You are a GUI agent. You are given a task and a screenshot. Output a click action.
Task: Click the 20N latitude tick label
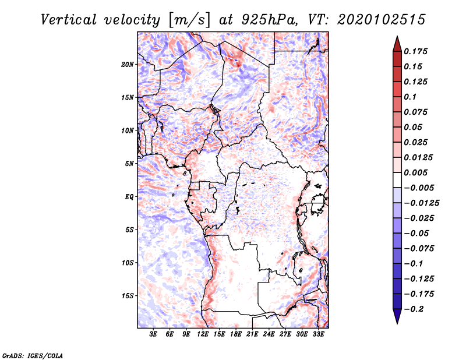pos(128,64)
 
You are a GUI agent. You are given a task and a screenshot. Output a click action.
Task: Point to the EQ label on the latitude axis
pos(129,197)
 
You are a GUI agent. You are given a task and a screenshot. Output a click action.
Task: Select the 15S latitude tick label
pos(128,296)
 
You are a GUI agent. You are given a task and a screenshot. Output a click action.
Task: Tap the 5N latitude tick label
pos(129,164)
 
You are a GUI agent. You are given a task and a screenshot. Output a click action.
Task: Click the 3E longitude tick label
pos(154,334)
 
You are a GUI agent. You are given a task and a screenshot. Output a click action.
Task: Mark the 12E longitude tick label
pos(203,334)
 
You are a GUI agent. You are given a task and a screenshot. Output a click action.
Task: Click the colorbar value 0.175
pos(417,51)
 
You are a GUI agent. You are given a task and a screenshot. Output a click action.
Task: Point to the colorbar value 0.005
pos(417,173)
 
